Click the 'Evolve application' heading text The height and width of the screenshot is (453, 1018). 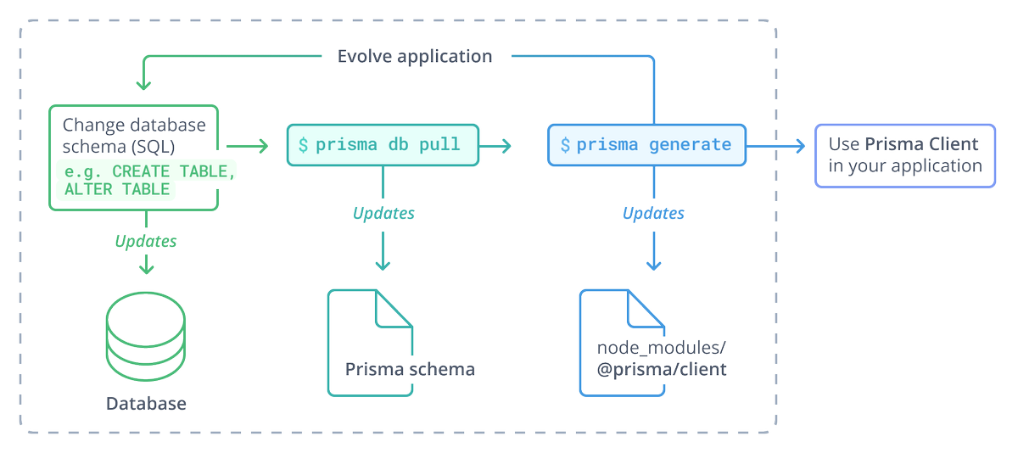[414, 57]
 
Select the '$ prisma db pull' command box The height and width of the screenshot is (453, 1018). [383, 144]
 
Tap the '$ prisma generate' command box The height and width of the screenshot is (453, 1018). [646, 144]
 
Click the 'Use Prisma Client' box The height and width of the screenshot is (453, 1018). [904, 155]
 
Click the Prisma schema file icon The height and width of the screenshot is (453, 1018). [370, 342]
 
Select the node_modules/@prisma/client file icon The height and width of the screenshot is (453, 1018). [622, 342]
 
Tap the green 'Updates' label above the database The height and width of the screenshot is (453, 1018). [146, 241]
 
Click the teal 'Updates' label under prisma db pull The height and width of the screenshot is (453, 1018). [383, 213]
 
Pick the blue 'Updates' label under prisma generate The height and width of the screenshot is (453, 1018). [653, 213]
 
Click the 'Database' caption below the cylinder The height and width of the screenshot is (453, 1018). [146, 403]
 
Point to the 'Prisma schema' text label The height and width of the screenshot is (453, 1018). [410, 369]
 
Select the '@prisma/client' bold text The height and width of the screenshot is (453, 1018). [662, 370]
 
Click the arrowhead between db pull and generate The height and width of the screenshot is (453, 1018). [507, 146]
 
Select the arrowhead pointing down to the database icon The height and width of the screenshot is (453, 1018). [146, 268]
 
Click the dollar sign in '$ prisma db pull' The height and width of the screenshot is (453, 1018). [303, 144]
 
